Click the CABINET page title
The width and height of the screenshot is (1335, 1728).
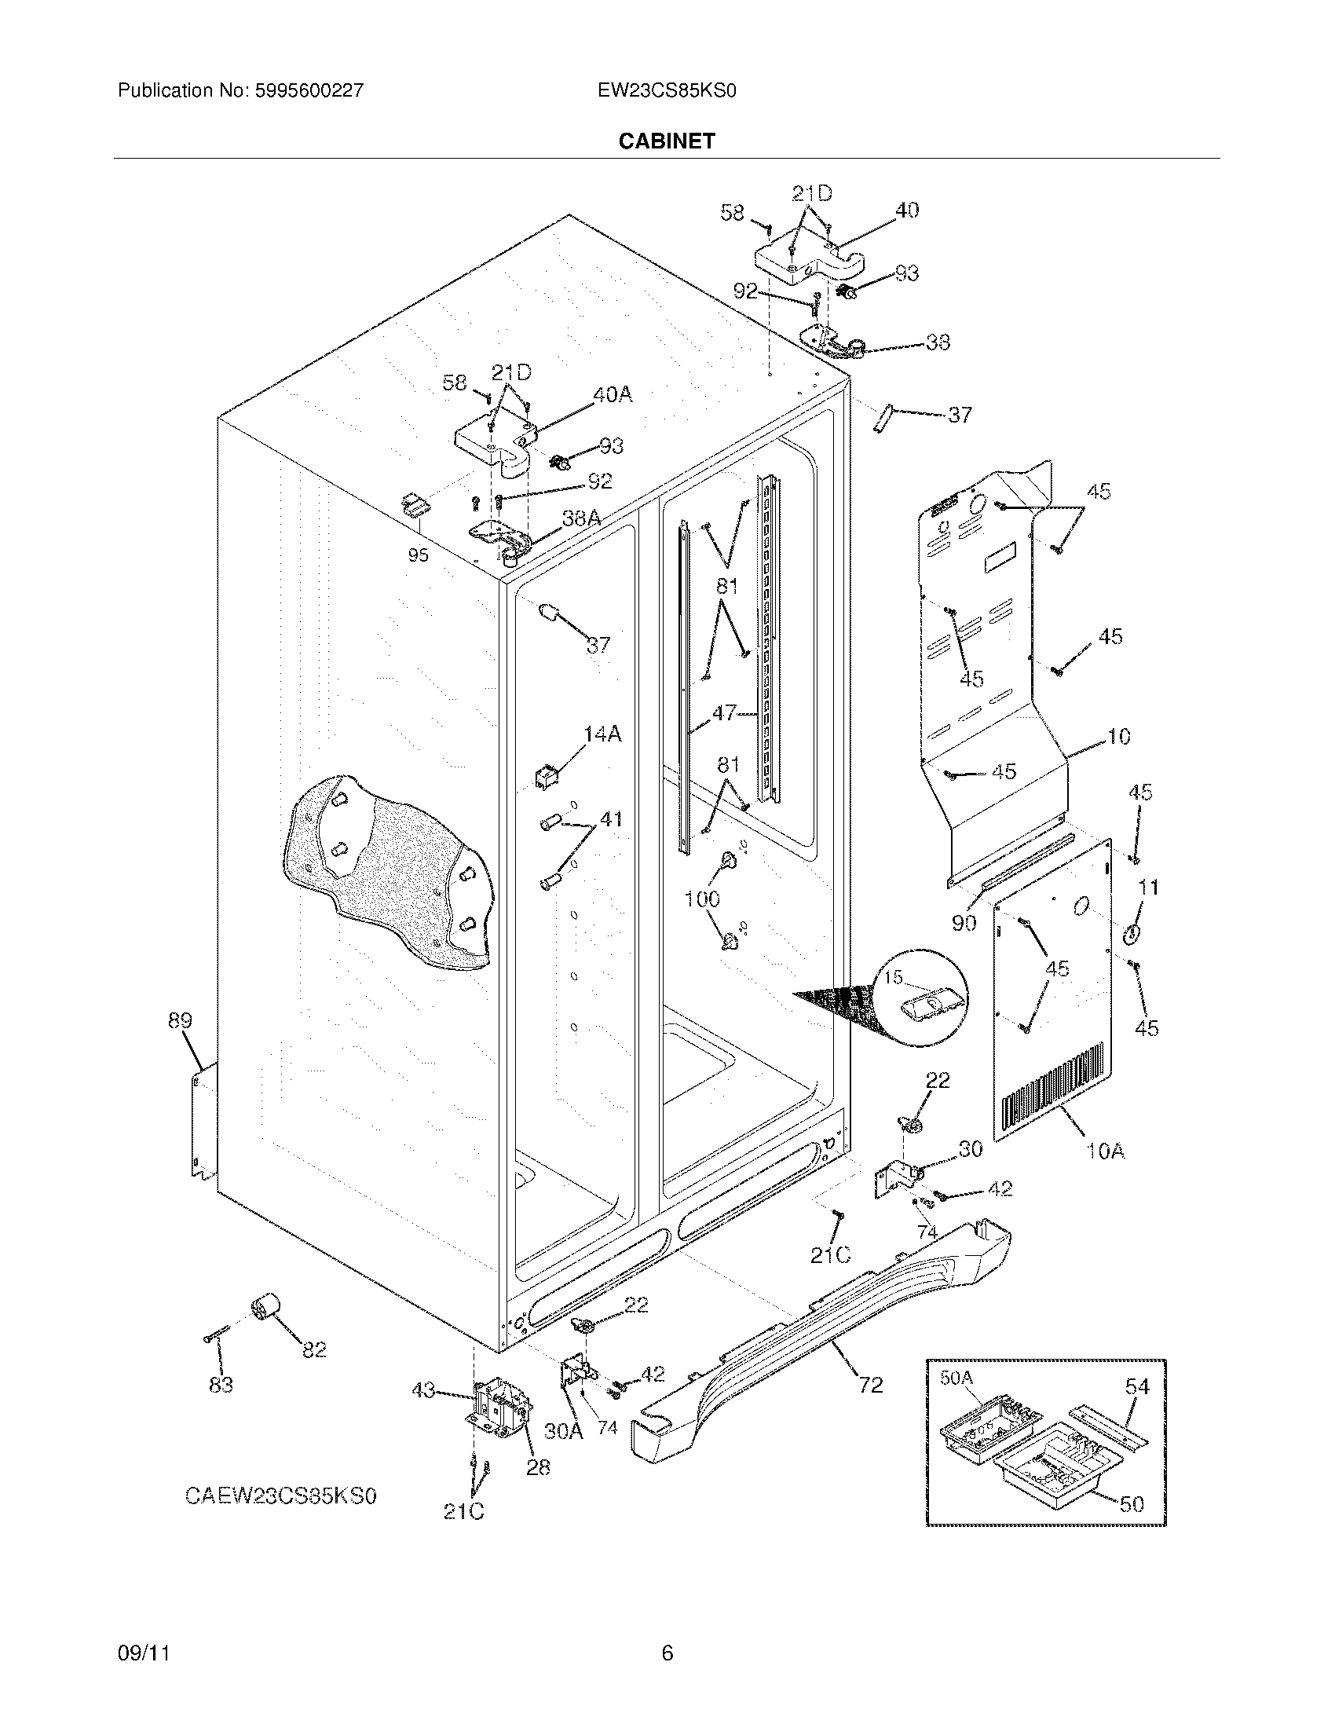(x=666, y=141)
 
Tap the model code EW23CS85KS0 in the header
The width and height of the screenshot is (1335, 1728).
(x=667, y=90)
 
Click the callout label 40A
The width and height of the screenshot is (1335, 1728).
(x=613, y=394)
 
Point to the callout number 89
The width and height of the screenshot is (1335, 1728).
(x=180, y=1020)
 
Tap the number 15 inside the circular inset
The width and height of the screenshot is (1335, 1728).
(x=893, y=978)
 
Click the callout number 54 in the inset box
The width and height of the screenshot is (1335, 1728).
(x=1137, y=1386)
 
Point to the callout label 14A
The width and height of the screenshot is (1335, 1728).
(x=602, y=734)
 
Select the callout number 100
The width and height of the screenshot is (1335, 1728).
(x=701, y=899)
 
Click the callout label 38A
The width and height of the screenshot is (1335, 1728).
(x=581, y=518)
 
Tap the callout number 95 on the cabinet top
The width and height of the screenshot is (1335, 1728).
(x=418, y=555)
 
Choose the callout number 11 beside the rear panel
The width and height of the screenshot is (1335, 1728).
(x=1147, y=888)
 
